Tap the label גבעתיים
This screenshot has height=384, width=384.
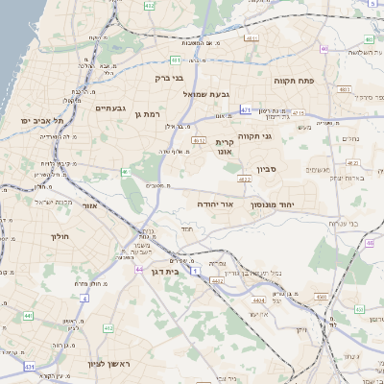pyautogui.click(x=111, y=108)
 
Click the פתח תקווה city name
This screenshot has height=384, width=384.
pyautogui.click(x=288, y=80)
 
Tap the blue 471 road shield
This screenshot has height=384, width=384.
pyautogui.click(x=247, y=110)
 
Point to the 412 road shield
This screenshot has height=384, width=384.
pyautogui.click(x=107, y=327)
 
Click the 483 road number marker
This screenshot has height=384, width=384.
pyautogui.click(x=345, y=88)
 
